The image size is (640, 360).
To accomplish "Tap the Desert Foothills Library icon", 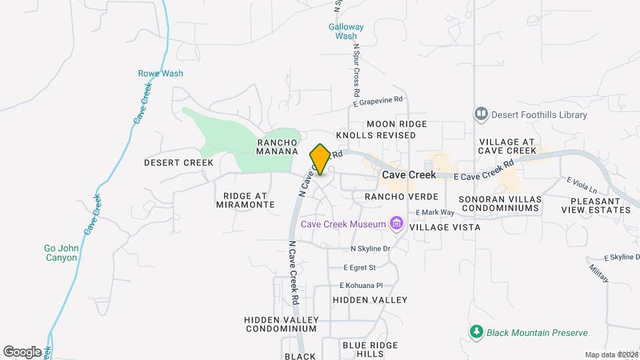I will coord(481,115).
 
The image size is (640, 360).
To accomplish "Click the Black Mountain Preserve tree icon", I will coord(476,332).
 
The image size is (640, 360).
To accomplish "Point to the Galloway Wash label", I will coord(346,31).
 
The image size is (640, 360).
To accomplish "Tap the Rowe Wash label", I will coord(160,73).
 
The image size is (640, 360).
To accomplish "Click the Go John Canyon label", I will coord(61,253).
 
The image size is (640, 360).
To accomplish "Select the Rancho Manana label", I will coord(277,147).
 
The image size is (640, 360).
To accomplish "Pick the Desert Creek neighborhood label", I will coord(179,163).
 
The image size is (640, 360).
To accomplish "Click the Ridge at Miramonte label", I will coord(245,201).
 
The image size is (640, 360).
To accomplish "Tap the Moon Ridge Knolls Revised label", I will coord(376,129).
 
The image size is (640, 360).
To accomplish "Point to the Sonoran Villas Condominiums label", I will coord(499,203).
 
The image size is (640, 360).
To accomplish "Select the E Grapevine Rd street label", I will coord(379,101).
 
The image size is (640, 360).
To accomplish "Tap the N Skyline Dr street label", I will coord(370,249).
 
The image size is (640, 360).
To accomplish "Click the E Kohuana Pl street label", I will coord(361,285).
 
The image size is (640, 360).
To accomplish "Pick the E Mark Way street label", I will coord(435,213).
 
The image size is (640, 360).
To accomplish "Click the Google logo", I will coord(23,351).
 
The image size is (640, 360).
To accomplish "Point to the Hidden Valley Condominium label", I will coord(281,324).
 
